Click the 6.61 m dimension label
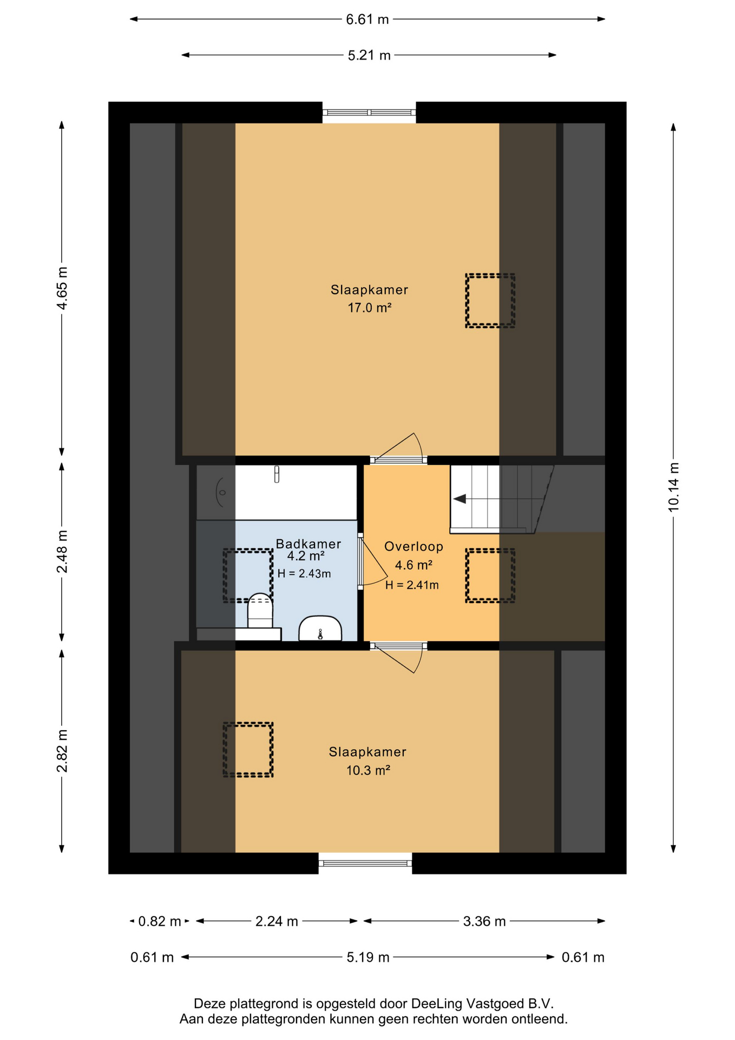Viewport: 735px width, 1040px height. coord(367,19)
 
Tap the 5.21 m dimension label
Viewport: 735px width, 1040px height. coord(369,55)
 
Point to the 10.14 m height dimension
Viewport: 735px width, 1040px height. coord(673,487)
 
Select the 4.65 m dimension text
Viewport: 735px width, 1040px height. coord(62,288)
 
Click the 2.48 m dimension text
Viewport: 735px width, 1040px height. coord(62,551)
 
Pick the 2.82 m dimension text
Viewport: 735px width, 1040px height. coord(62,751)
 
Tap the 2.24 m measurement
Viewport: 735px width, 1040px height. coord(277,921)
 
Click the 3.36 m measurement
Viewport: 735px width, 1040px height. coord(484,921)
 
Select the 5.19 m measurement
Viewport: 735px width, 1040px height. coord(368,958)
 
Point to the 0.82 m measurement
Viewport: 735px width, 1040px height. coord(160,921)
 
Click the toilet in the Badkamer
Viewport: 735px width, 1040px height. coord(260,610)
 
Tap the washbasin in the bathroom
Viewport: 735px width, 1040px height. coord(320,628)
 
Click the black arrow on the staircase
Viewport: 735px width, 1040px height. coord(460,499)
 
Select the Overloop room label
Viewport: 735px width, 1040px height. coord(414,547)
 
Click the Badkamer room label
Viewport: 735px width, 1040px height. coord(309,544)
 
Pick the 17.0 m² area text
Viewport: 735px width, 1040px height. coord(370,308)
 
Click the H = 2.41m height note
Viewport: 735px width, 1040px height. coord(412,585)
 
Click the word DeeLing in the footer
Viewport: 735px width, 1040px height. coord(436,1004)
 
